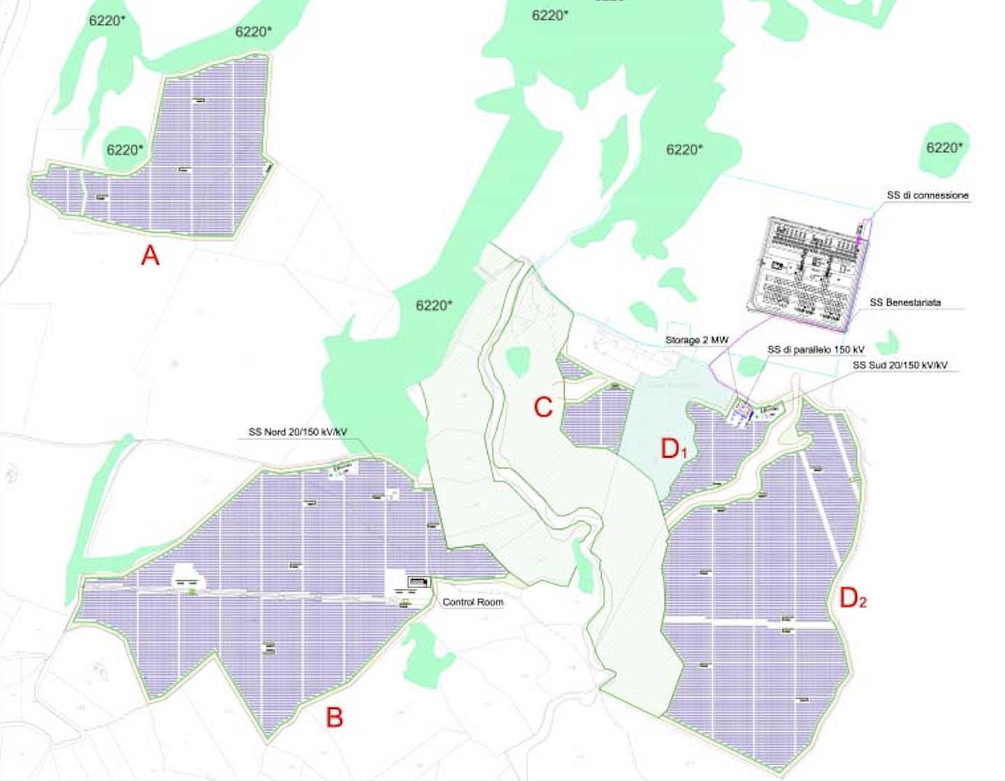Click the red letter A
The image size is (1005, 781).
150,256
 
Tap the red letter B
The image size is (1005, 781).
335,717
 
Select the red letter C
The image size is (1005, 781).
543,407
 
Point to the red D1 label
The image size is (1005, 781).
674,449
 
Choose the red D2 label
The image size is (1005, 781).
853,598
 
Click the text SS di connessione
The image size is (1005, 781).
927,196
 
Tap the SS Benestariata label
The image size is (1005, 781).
905,302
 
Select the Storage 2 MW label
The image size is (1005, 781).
696,340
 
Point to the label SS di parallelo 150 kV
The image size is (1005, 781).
816,349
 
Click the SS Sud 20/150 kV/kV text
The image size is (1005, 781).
899,365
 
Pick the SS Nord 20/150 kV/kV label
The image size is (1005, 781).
297,432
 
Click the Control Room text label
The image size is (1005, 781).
472,602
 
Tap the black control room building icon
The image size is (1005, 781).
419,582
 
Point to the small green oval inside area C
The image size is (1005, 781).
518,362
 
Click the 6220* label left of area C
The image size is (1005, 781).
434,305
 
